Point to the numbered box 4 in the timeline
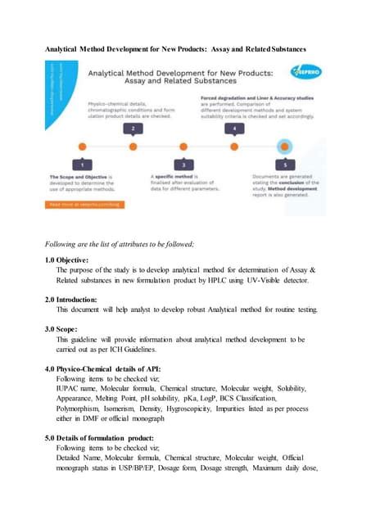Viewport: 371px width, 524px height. click(x=236, y=129)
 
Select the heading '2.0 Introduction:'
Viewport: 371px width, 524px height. click(x=77, y=300)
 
